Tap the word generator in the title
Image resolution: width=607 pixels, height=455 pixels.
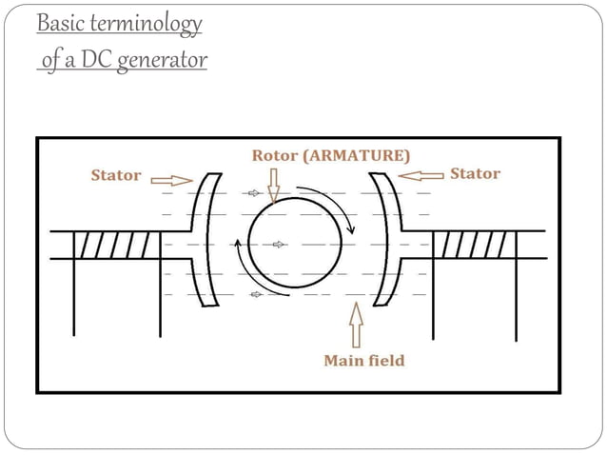coord(165,62)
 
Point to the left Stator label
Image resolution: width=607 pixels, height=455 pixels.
coord(115,175)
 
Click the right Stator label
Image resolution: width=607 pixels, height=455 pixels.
coord(475,173)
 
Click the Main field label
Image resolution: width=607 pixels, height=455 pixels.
coord(364,361)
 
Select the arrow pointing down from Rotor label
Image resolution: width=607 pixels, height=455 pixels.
coord(273,185)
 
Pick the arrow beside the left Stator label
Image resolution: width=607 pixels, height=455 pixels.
coord(171,177)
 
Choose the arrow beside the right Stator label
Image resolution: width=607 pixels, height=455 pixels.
coord(422,174)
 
